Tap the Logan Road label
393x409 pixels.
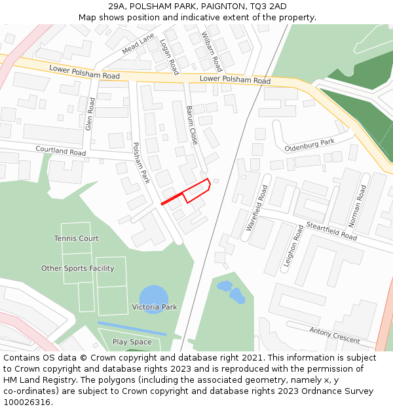tap(169, 56)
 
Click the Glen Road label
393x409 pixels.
tap(90, 114)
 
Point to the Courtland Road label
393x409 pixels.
tap(60, 151)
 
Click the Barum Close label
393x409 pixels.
tap(192, 125)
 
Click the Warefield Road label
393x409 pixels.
tap(257, 208)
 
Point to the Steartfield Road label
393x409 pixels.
tap(331, 231)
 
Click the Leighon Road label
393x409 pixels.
tap(291, 247)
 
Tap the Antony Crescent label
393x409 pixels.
tap(335, 336)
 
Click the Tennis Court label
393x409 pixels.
tap(76, 238)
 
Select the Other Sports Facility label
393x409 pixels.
tap(77, 268)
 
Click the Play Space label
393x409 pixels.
tap(132, 342)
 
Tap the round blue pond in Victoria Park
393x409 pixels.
tap(154, 298)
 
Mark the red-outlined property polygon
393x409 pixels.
tap(196, 190)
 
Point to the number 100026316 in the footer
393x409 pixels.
tap(27, 402)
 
